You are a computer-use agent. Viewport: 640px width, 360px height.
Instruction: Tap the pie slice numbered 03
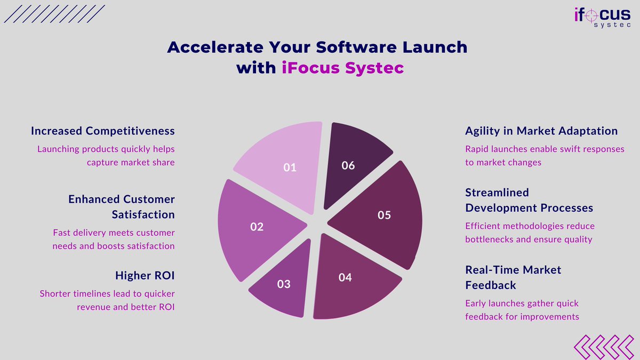[283, 283]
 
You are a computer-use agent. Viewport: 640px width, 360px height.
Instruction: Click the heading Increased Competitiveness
[103, 131]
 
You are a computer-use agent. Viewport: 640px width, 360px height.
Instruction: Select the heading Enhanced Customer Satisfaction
[122, 206]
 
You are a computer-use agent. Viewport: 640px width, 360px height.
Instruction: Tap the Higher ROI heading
[145, 276]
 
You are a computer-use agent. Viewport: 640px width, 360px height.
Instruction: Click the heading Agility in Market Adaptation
[541, 131]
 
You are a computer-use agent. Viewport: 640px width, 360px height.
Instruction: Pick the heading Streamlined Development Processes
[529, 199]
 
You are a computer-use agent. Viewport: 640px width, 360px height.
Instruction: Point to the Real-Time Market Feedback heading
[513, 277]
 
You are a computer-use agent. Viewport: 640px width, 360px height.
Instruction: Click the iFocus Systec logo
[602, 16]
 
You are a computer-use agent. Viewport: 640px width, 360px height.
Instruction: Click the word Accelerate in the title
[209, 47]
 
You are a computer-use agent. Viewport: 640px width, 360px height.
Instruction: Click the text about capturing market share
[106, 155]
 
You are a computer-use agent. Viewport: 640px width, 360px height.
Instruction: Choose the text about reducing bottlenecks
[530, 233]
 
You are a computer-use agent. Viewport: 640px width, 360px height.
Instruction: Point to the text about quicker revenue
[107, 300]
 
